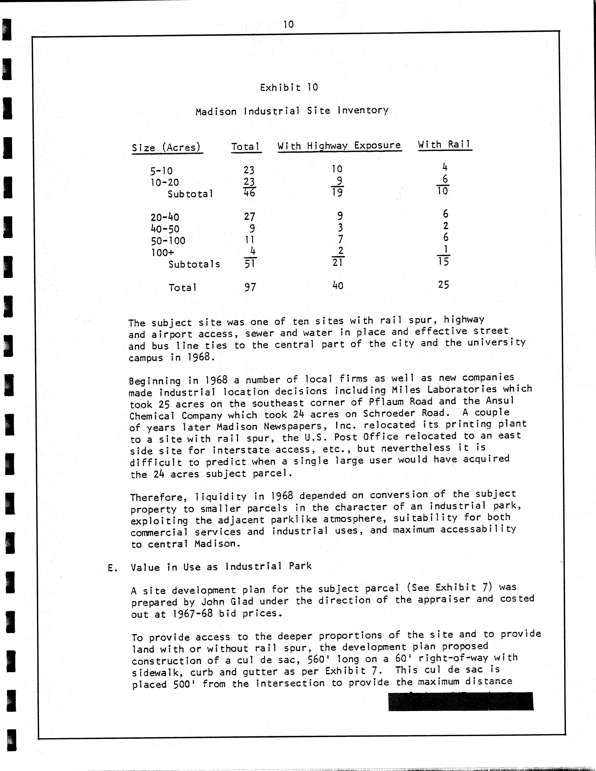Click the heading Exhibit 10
pyautogui.click(x=289, y=88)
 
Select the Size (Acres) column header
pyautogui.click(x=166, y=148)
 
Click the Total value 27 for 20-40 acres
pyautogui.click(x=249, y=216)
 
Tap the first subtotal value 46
pyautogui.click(x=249, y=193)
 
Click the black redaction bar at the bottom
pyautogui.click(x=461, y=701)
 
